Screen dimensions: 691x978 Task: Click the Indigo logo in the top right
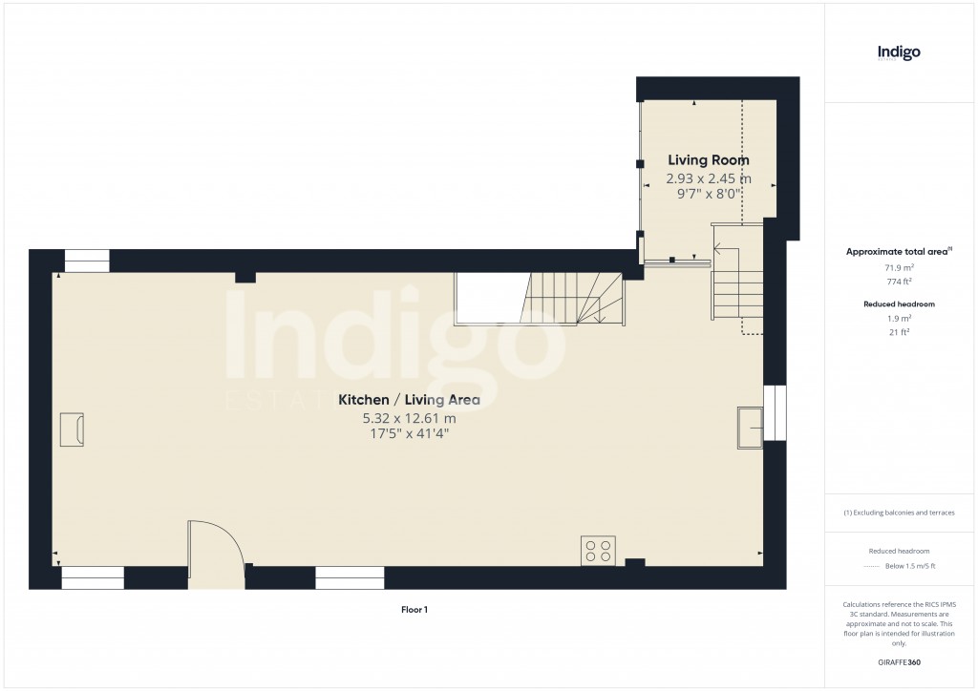click(899, 53)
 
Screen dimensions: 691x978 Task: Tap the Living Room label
click(708, 160)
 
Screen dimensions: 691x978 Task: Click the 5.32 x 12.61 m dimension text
click(409, 418)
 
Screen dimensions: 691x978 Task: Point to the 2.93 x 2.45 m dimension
click(708, 178)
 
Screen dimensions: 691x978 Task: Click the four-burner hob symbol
click(599, 551)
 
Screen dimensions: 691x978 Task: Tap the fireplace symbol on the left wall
click(72, 429)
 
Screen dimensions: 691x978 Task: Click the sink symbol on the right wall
click(750, 427)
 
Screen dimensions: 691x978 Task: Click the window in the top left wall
click(86, 261)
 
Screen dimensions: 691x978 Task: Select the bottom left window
click(93, 576)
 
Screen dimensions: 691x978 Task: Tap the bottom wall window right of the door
click(350, 576)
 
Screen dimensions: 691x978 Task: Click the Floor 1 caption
click(414, 609)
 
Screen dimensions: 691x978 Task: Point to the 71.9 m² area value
click(898, 269)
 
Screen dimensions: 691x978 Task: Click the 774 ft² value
click(898, 283)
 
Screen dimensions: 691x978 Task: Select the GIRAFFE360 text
click(898, 661)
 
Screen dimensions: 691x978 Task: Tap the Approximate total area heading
click(898, 252)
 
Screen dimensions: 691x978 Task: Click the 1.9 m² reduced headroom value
click(898, 318)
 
